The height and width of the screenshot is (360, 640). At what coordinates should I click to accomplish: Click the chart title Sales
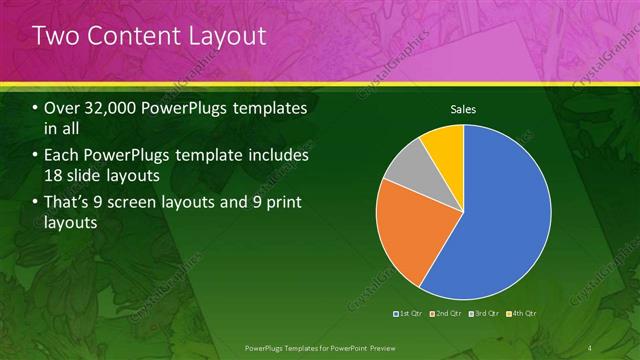(462, 108)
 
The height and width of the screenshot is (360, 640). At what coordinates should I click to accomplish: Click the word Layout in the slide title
(225, 36)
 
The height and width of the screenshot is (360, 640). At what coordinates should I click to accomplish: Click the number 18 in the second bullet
(56, 177)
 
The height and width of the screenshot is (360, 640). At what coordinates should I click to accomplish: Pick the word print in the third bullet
(281, 204)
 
